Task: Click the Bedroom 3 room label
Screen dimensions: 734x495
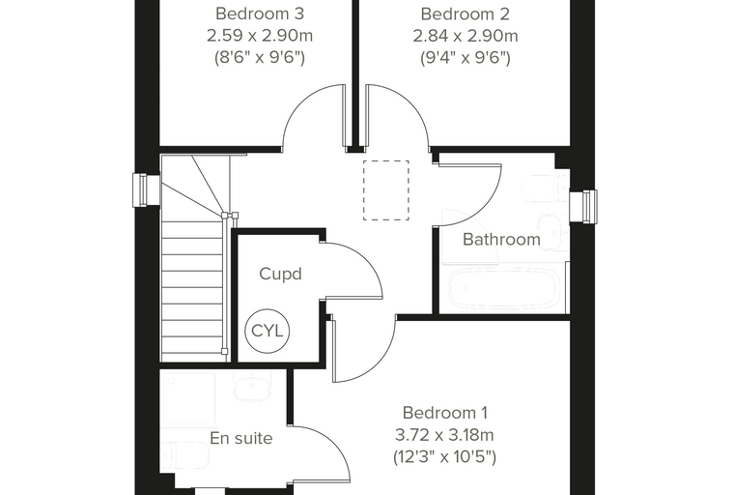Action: click(260, 14)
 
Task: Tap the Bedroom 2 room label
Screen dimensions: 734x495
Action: click(465, 14)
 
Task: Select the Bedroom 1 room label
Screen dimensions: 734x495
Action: click(444, 413)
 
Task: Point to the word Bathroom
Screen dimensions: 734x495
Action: click(501, 240)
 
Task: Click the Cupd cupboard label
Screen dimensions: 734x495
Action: click(280, 275)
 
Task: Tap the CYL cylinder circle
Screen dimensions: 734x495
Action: click(268, 331)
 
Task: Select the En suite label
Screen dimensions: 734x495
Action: click(241, 438)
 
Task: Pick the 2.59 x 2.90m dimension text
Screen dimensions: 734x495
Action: click(260, 36)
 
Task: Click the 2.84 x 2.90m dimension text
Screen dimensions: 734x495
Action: click(466, 36)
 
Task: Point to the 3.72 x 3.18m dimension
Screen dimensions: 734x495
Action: click(444, 435)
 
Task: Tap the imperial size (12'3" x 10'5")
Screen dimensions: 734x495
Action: click(444, 456)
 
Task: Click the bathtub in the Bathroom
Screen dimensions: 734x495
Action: click(504, 288)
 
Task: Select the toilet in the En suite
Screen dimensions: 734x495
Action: click(184, 454)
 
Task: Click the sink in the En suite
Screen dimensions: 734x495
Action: click(253, 387)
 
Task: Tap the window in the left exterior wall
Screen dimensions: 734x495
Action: click(140, 189)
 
